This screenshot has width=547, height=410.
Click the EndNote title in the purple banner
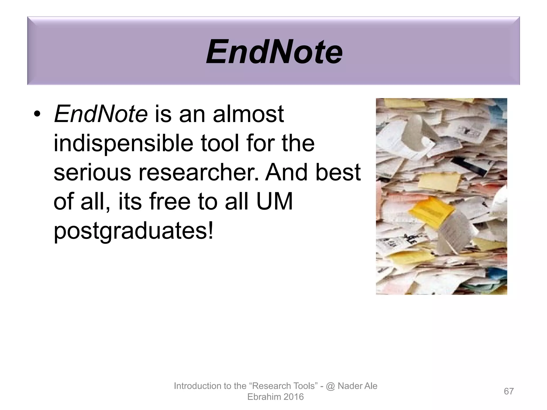[x=274, y=52]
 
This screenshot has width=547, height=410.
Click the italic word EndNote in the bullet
[x=101, y=114]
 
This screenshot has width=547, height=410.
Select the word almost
[x=248, y=114]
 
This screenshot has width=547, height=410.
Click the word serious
[x=92, y=173]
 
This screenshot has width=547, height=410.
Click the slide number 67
[x=509, y=391]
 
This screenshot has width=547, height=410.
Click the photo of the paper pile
[x=441, y=196]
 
